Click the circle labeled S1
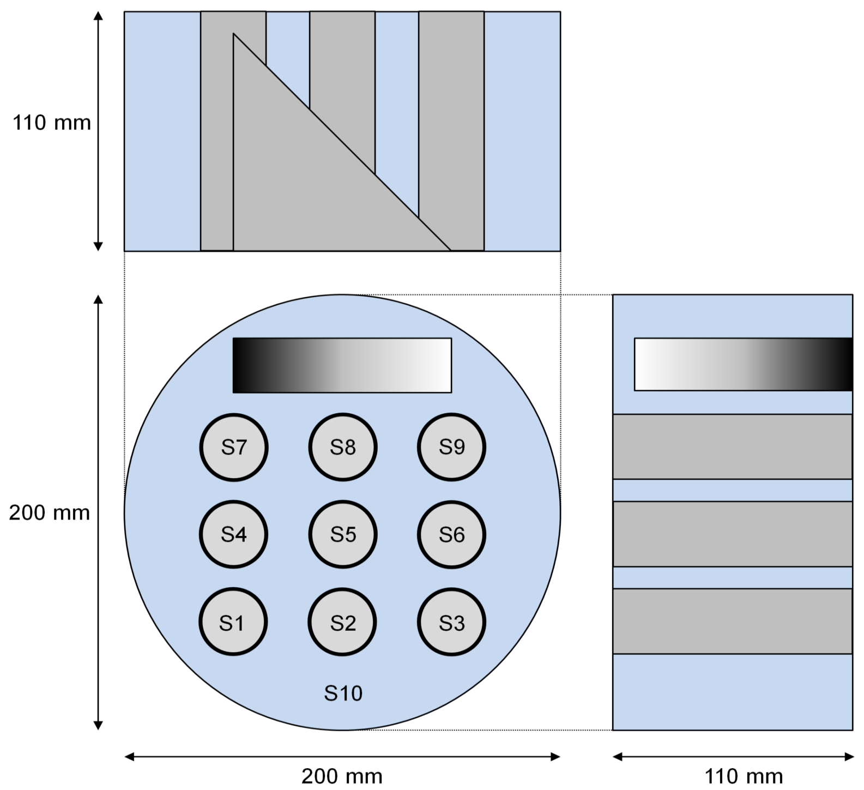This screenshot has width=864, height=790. [x=233, y=622]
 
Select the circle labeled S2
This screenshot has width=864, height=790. [x=342, y=622]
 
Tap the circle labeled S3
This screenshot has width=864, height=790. [x=451, y=622]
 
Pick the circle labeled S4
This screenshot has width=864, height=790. [x=233, y=534]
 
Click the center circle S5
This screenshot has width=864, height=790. [x=342, y=534]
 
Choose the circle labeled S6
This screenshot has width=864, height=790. [x=451, y=534]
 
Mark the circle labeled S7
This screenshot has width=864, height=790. [x=233, y=447]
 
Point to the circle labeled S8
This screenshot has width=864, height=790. [x=342, y=447]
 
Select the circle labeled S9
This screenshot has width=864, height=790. [x=451, y=447]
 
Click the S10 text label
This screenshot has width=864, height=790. [x=343, y=693]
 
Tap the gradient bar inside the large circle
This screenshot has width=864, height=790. [x=342, y=365]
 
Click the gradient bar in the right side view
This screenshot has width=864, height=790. [x=743, y=364]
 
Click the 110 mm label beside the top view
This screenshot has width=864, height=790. [x=52, y=123]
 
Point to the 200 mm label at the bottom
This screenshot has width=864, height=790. [x=342, y=776]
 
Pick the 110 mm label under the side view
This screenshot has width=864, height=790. [x=744, y=776]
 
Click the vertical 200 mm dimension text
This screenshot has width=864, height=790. [x=49, y=512]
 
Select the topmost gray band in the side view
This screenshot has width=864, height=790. [x=732, y=447]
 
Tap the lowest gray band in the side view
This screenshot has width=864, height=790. [x=732, y=621]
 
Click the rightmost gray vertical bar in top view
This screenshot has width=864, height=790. [x=451, y=109]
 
